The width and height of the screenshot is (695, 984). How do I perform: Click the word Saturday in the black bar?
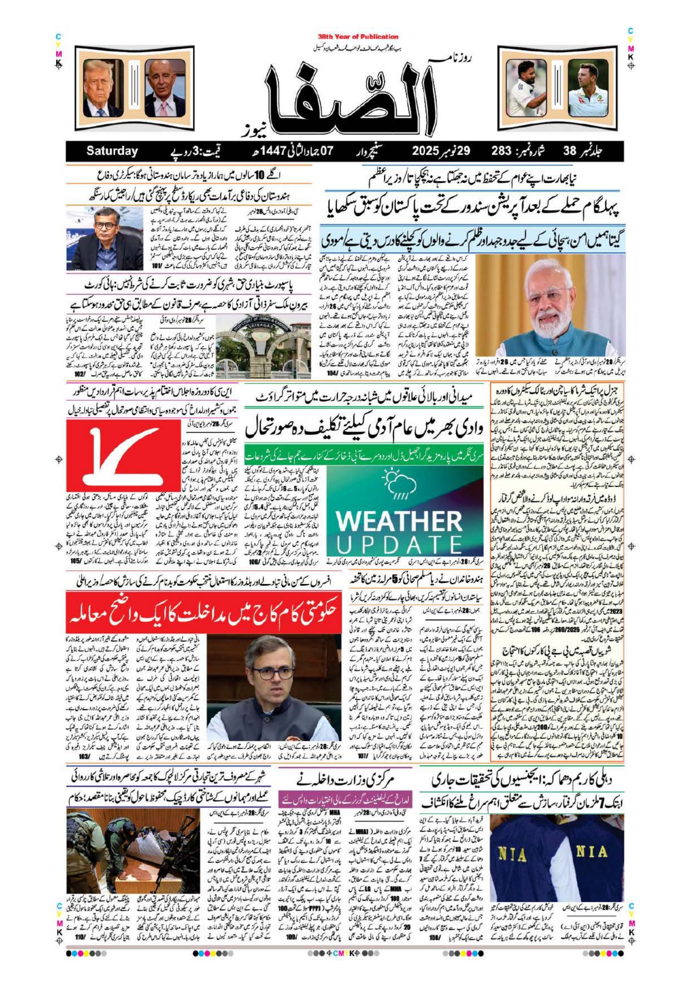click(112, 151)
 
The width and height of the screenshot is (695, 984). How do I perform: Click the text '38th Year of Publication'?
click(358, 37)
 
